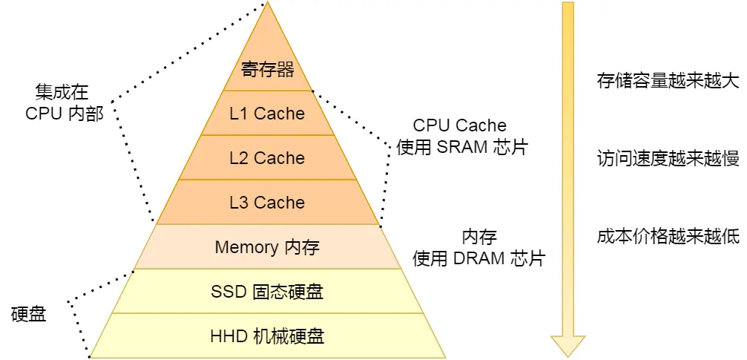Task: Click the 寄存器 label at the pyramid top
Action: [x=268, y=70]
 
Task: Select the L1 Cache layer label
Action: [x=267, y=114]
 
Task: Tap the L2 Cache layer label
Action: [x=267, y=158]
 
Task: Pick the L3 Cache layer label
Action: [x=267, y=203]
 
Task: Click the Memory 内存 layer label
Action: [x=267, y=247]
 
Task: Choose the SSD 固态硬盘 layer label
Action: [x=267, y=292]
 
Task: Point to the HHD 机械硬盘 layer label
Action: [x=267, y=336]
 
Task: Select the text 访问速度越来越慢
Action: [x=668, y=158]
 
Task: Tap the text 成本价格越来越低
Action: [x=668, y=236]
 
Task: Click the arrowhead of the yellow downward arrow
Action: [x=567, y=345]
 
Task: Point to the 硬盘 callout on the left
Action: [x=29, y=314]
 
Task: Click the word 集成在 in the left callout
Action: [x=62, y=92]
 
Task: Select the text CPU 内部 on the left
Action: [x=65, y=114]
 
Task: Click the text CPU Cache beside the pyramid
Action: [x=460, y=125]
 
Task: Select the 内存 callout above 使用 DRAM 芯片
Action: [x=479, y=238]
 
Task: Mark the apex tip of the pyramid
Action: [x=267, y=3]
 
